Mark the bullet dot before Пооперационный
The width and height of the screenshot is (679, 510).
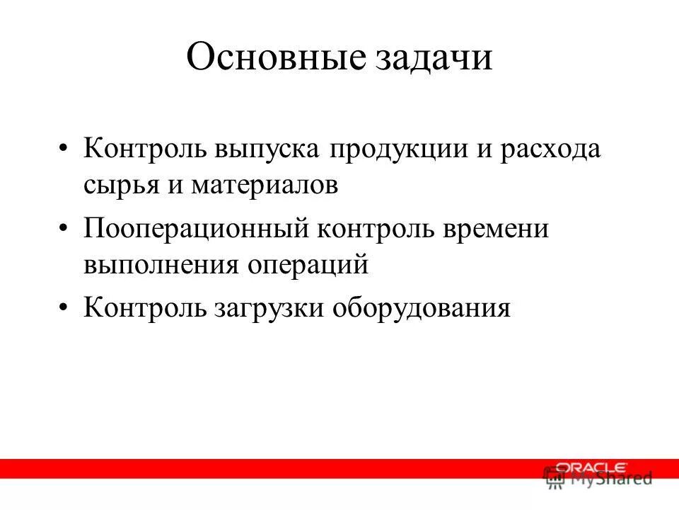65,231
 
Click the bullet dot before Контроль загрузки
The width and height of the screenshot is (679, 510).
65,309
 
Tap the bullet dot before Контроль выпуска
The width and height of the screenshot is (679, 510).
65,151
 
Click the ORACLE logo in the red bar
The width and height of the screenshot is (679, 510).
591,467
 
